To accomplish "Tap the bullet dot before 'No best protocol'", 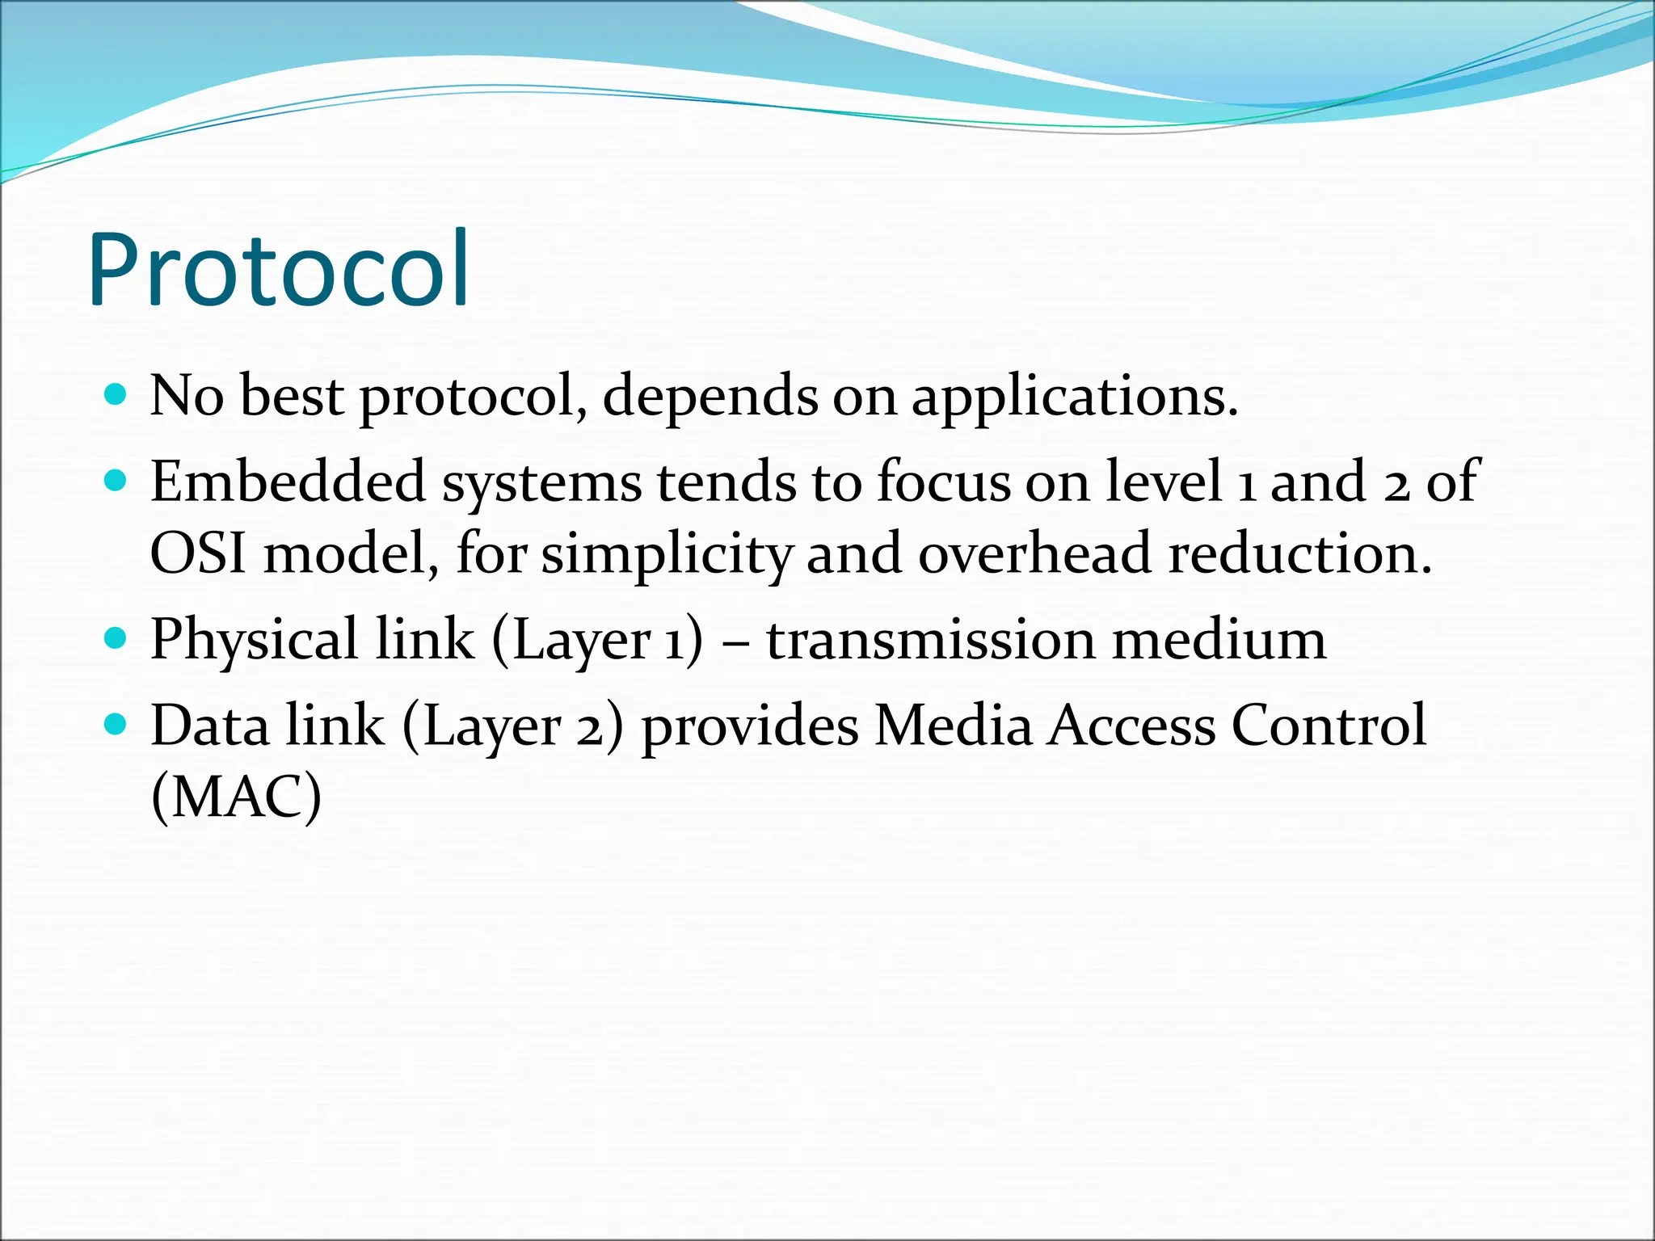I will click(x=116, y=395).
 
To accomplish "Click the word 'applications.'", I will click(x=1075, y=398).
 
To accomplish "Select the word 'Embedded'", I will click(x=288, y=482).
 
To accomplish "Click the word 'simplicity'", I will click(x=666, y=556).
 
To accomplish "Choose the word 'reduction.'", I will click(x=1300, y=554).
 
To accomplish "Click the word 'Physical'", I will click(x=254, y=641).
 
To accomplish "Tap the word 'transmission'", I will click(x=929, y=639).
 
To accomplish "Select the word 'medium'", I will click(x=1219, y=639).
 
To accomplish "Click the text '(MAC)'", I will click(x=236, y=797).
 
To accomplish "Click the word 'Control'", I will click(x=1329, y=725).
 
